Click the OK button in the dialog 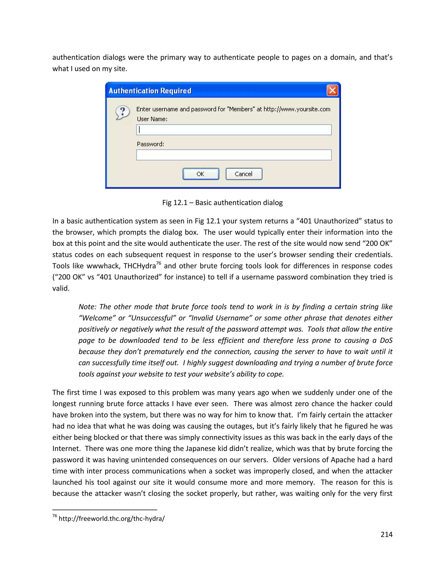pyautogui.click(x=201, y=174)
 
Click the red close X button pyautogui.click(x=332, y=90)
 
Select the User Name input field pyautogui.click(x=234, y=130)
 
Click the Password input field pyautogui.click(x=234, y=155)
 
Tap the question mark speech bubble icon pyautogui.click(x=123, y=112)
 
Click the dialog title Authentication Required pyautogui.click(x=150, y=91)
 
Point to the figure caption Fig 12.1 pyautogui.click(x=222, y=202)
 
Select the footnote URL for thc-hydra pyautogui.click(x=111, y=518)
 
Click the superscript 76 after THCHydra pyautogui.click(x=158, y=263)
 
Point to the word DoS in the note pyautogui.click(x=386, y=340)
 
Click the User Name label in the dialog pyautogui.click(x=152, y=119)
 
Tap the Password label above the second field pyautogui.click(x=150, y=144)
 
